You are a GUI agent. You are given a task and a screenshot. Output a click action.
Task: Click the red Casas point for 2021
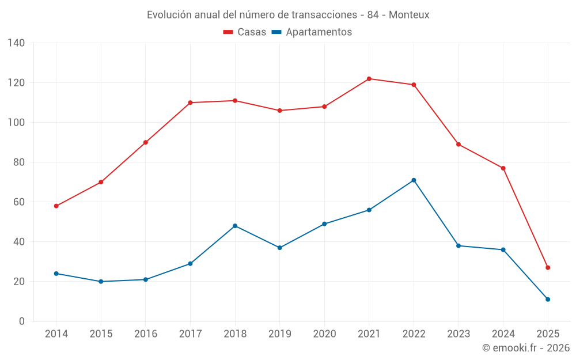point(369,79)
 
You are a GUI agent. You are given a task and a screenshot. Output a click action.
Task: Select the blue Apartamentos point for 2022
point(414,180)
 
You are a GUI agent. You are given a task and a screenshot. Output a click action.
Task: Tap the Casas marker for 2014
point(56,206)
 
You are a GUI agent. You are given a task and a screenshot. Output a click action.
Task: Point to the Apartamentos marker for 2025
point(548,300)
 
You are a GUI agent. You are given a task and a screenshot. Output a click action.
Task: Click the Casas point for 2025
point(548,268)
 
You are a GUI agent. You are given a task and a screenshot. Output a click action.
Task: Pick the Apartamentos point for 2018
point(235,226)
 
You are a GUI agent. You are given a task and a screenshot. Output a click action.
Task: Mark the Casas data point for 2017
point(190,103)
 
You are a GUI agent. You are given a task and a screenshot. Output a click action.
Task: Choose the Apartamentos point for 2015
point(101,282)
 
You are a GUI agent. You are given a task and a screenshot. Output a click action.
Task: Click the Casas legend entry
point(245,32)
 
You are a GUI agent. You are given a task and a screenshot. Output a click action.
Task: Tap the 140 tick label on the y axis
point(17,43)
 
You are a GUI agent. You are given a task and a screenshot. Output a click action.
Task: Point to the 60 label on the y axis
point(19,202)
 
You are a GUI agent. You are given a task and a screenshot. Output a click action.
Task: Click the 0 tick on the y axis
point(22,321)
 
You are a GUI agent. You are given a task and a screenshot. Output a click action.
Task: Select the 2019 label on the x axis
point(280,334)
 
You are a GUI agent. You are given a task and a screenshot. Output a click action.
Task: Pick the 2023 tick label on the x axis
point(458,334)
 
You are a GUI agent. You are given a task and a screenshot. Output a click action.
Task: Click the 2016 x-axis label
point(146,334)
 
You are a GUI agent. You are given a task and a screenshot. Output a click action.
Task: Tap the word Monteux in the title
point(409,15)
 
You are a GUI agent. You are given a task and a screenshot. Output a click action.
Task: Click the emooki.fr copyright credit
point(526,348)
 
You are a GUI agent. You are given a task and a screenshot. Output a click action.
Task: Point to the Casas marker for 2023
point(458,145)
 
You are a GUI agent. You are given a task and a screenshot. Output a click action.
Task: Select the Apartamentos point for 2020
point(324,224)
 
